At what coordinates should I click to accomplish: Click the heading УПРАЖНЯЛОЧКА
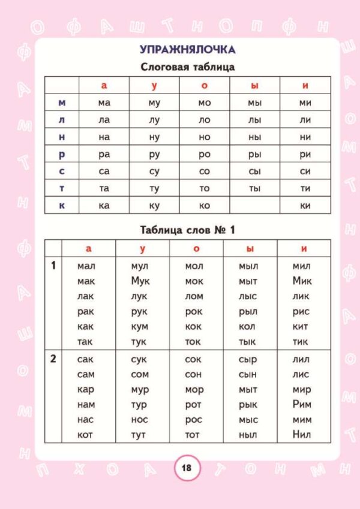pyautogui.click(x=187, y=49)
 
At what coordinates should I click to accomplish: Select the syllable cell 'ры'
pyautogui.click(x=254, y=154)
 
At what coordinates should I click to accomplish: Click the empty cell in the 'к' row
pyautogui.click(x=254, y=206)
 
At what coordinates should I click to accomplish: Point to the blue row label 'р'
pyautogui.click(x=62, y=154)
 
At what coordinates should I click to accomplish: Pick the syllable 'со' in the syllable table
pyautogui.click(x=205, y=171)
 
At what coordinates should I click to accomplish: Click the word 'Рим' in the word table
pyautogui.click(x=302, y=405)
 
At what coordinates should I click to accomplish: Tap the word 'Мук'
pyautogui.click(x=140, y=281)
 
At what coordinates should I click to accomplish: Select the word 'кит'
pyautogui.click(x=301, y=327)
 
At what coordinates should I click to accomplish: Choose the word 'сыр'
pyautogui.click(x=248, y=360)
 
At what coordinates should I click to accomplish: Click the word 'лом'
pyautogui.click(x=194, y=296)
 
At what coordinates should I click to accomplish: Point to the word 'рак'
pyautogui.click(x=86, y=312)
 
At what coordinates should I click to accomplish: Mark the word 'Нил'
pyautogui.click(x=302, y=435)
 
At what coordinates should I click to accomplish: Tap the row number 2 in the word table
pyautogui.click(x=53, y=360)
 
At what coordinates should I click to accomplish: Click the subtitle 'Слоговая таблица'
pyautogui.click(x=187, y=67)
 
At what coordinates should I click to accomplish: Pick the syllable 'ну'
pyautogui.click(x=154, y=137)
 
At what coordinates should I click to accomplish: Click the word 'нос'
pyautogui.click(x=140, y=420)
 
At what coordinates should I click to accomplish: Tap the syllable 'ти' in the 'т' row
pyautogui.click(x=305, y=188)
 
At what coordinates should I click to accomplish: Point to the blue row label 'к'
pyautogui.click(x=62, y=206)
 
